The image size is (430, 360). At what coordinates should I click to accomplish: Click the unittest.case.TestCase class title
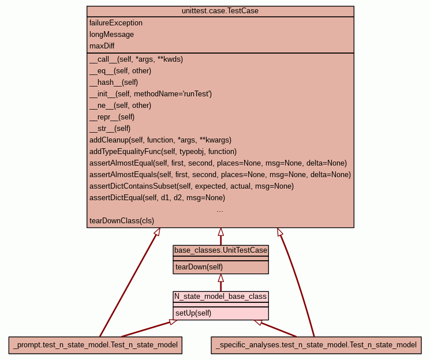[220, 11]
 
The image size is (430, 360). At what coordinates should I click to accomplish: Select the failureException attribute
[116, 22]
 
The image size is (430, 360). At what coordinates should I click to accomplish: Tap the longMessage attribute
[111, 34]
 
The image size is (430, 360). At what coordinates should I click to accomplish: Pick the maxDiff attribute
[102, 46]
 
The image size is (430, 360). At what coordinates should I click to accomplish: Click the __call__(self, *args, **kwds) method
[136, 59]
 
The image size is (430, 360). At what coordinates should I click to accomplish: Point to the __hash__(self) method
[114, 82]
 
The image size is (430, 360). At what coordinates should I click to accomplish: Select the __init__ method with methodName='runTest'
[151, 94]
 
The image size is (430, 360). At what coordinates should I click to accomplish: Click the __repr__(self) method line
[112, 117]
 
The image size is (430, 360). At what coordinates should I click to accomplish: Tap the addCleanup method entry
[160, 140]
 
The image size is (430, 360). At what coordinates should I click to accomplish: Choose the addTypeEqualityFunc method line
[163, 151]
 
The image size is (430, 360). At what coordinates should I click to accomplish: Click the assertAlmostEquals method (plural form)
[220, 174]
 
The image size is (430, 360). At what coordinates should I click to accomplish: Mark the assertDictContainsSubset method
[192, 186]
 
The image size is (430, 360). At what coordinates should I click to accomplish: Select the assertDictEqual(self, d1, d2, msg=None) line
[157, 197]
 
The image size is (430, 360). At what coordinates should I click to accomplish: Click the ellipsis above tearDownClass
[220, 211]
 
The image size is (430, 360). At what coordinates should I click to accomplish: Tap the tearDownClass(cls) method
[122, 220]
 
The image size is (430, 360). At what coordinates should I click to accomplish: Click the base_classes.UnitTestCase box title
[220, 250]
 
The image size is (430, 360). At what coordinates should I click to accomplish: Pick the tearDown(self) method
[199, 267]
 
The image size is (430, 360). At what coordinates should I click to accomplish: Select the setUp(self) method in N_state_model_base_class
[193, 313]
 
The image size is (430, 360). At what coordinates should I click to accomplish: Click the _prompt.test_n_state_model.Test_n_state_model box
[95, 345]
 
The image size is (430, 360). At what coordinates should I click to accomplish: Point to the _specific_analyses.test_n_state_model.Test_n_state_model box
[316, 345]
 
